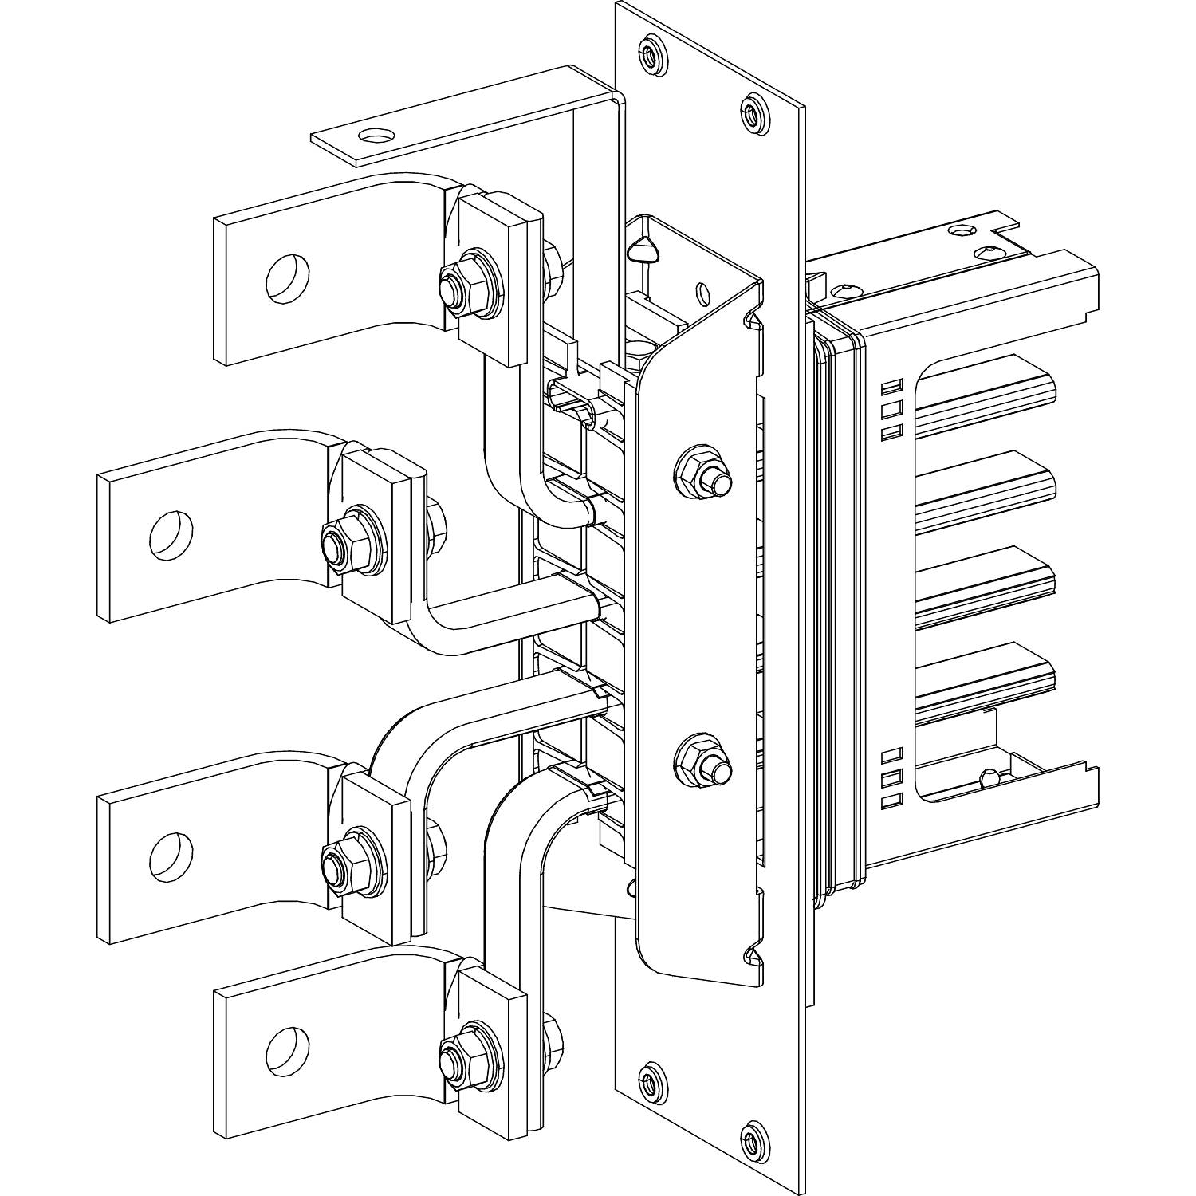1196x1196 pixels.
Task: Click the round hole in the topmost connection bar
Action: pos(288,279)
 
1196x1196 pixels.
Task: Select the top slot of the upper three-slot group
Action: pos(892,388)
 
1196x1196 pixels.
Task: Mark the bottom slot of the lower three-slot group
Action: pos(892,798)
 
